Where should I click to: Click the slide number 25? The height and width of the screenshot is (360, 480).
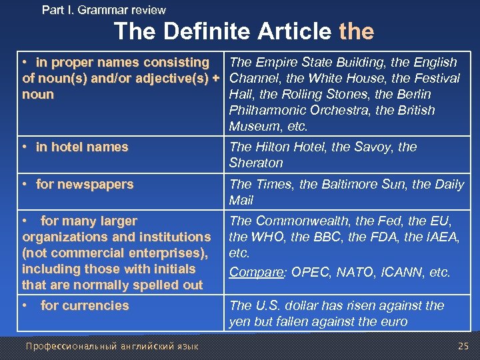tap(463, 345)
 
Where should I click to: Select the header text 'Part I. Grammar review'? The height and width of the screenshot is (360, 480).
tap(104, 10)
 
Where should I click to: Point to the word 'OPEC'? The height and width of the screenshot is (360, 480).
tap(306, 272)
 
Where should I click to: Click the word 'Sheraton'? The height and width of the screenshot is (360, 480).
tap(256, 163)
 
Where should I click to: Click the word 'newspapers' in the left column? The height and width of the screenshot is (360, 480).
tap(97, 184)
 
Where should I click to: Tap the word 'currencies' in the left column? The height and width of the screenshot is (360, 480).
tap(93, 305)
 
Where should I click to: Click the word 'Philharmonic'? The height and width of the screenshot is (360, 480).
tap(263, 110)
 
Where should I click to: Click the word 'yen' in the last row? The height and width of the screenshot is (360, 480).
tap(239, 322)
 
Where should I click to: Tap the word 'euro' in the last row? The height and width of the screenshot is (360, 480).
tap(393, 322)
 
